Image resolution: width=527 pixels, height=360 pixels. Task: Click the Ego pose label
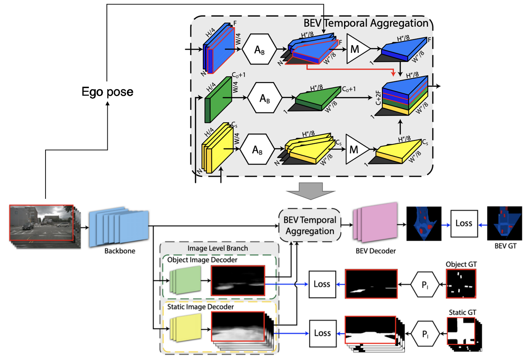(107, 92)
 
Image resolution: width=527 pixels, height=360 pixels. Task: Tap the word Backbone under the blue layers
(120, 251)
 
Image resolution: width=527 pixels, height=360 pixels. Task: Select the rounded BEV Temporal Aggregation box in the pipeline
(309, 225)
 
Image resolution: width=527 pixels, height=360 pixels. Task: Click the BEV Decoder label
(376, 251)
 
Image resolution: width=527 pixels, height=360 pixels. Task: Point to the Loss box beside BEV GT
(464, 223)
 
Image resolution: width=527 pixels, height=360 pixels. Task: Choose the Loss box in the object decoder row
(322, 284)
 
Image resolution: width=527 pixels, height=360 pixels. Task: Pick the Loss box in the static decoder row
(323, 333)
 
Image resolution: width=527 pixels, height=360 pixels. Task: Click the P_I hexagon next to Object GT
(425, 285)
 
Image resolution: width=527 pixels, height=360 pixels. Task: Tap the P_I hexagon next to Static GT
(425, 334)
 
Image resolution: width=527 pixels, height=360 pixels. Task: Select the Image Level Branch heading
(218, 248)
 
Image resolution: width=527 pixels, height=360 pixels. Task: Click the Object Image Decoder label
(202, 260)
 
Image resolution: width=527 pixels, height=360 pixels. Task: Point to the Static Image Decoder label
(200, 307)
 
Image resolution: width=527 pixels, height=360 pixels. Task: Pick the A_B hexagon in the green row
(265, 98)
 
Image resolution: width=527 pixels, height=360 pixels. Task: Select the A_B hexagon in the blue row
(259, 50)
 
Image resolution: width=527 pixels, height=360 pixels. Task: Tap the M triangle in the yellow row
(355, 149)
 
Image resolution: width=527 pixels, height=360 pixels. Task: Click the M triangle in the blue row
(355, 49)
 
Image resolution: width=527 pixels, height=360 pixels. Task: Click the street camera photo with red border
(41, 223)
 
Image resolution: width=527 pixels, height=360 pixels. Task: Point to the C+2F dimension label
(378, 98)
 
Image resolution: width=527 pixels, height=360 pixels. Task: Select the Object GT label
(461, 264)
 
